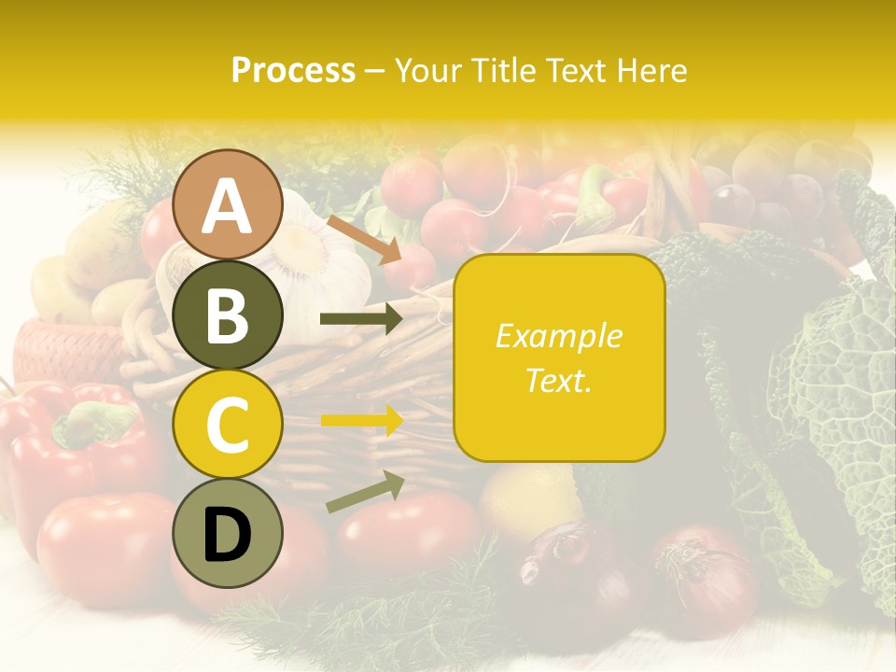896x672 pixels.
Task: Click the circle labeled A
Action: tap(228, 204)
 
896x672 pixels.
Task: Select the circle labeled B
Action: tap(228, 315)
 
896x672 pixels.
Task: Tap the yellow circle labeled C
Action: tap(228, 425)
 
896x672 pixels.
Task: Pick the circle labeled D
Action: tap(228, 534)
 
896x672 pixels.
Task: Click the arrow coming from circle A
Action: tap(364, 239)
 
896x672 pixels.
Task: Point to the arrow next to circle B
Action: tap(360, 319)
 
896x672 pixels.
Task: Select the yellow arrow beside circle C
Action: tap(360, 420)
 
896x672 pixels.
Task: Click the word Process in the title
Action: tap(293, 70)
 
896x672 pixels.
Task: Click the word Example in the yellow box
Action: tap(558, 336)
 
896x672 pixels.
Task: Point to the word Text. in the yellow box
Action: tap(558, 380)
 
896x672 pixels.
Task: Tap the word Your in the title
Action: tap(425, 70)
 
